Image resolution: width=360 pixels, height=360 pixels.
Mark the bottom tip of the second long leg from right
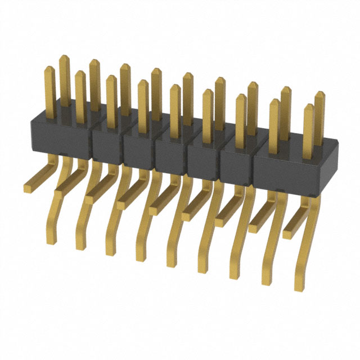coord(265,281)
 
